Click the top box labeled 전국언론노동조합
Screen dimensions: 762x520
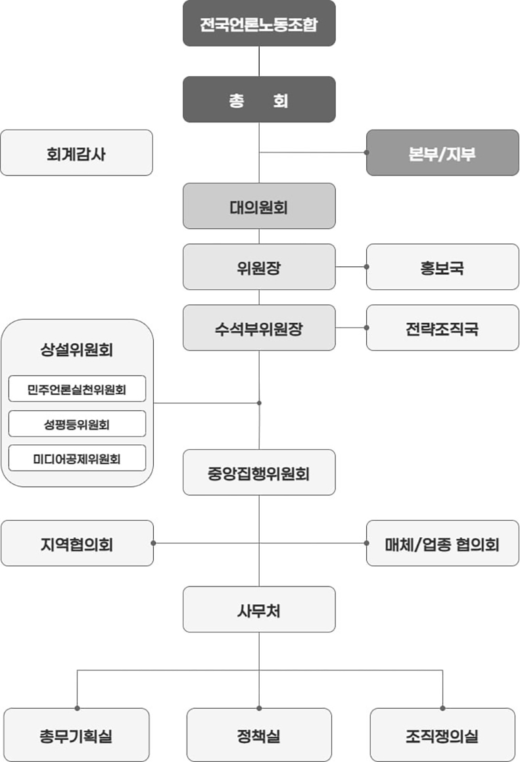259,24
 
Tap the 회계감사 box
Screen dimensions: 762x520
77,153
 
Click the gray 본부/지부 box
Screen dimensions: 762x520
442,153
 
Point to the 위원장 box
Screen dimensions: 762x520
259,267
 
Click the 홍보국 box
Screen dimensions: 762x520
442,267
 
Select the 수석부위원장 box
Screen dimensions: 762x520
259,327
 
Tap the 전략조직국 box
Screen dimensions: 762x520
442,327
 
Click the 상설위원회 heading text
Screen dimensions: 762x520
77,349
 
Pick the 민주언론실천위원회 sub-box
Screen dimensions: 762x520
77,389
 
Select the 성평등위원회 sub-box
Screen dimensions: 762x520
77,424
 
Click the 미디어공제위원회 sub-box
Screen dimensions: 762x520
77,458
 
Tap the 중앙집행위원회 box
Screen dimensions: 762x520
259,472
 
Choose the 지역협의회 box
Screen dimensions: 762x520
77,543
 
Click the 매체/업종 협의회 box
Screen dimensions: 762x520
442,543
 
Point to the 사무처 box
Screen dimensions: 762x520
259,609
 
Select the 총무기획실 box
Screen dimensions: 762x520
77,734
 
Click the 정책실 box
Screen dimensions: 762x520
259,734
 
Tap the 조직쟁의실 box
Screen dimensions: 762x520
442,734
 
